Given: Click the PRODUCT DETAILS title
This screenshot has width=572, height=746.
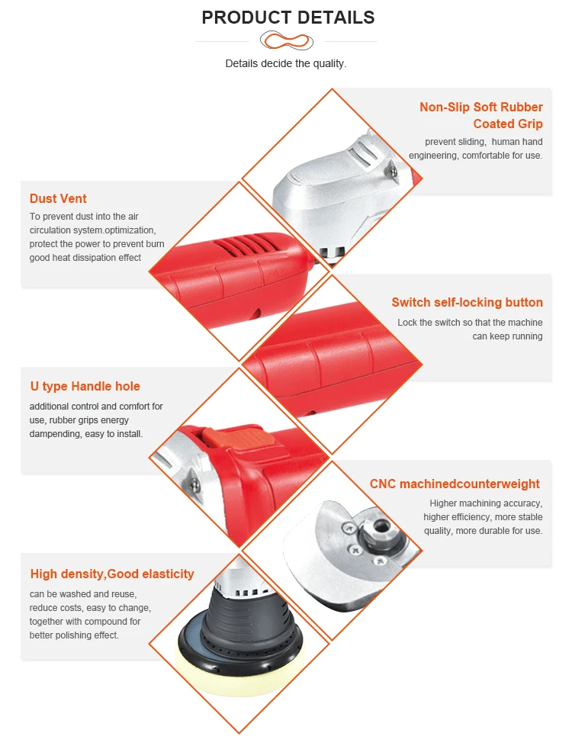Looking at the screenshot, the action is (x=288, y=17).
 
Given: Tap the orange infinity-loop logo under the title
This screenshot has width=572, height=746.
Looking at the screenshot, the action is (x=287, y=40).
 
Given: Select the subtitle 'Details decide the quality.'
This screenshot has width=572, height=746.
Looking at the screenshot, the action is (x=286, y=63).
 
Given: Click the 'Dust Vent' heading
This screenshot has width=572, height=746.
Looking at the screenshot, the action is (x=58, y=198).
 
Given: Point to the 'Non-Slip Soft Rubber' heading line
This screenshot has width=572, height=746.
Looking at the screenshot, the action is (x=481, y=107).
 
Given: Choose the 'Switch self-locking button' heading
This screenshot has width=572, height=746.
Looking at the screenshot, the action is (x=468, y=303).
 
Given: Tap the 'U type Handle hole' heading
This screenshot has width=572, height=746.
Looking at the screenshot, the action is (x=85, y=386).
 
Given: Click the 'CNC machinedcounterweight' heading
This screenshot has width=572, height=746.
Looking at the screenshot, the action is (x=455, y=484).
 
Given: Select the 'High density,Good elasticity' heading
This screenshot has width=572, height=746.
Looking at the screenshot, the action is (x=112, y=574).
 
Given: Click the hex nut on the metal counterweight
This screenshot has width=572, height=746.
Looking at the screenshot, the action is (x=381, y=526).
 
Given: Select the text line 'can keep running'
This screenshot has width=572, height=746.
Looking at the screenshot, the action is (x=507, y=336).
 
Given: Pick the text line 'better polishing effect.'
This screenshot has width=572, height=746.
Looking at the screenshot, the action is (x=74, y=635).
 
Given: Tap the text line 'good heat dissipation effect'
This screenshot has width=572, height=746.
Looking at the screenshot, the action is (x=85, y=258).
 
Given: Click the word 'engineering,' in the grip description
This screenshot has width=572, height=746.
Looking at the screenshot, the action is (x=434, y=156).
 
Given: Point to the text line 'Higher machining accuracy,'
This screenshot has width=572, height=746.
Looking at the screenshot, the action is (x=486, y=503).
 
